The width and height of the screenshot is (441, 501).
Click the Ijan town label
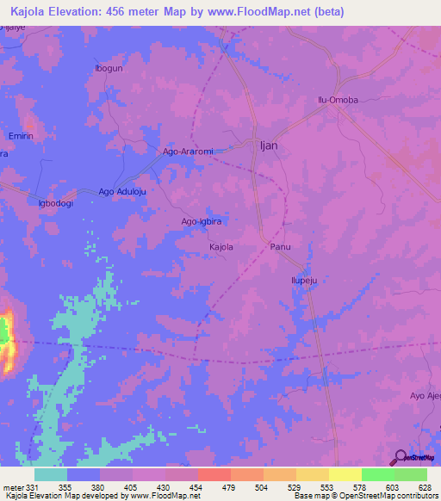pyautogui.click(x=269, y=145)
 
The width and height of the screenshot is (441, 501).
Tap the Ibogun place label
pyautogui.click(x=109, y=68)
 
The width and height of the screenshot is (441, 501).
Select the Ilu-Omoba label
pyautogui.click(x=338, y=100)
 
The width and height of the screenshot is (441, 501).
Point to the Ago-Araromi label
pyautogui.click(x=188, y=152)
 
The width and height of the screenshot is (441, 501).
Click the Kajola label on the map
pyautogui.click(x=221, y=247)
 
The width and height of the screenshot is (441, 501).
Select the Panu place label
pyautogui.click(x=281, y=247)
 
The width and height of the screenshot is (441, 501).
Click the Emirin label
pyautogui.click(x=21, y=136)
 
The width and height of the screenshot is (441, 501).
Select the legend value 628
pyautogui.click(x=424, y=486)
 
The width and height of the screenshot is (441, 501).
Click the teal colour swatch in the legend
pyautogui.click(x=51, y=474)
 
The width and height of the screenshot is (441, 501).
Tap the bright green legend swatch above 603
pyautogui.click(x=377, y=474)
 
